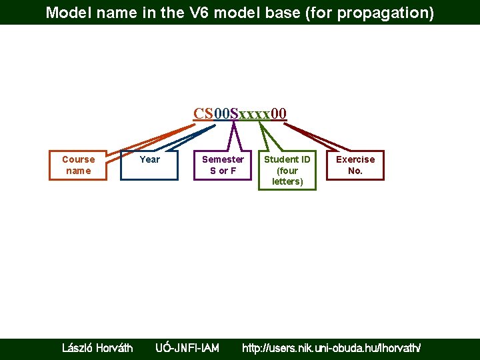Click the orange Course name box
coord(78,165)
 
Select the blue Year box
coord(149,165)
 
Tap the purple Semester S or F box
coord(223,165)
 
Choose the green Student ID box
coord(287,170)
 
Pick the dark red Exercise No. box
coord(355,165)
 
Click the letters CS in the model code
coord(203,113)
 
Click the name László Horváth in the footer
coord(97,347)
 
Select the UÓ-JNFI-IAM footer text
coord(187,347)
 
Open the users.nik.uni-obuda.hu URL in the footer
coord(331,347)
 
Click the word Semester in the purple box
coord(223,159)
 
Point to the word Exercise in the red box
coord(355,159)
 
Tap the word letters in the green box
coord(287,181)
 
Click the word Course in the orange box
coord(78,159)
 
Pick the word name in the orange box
coord(78,171)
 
